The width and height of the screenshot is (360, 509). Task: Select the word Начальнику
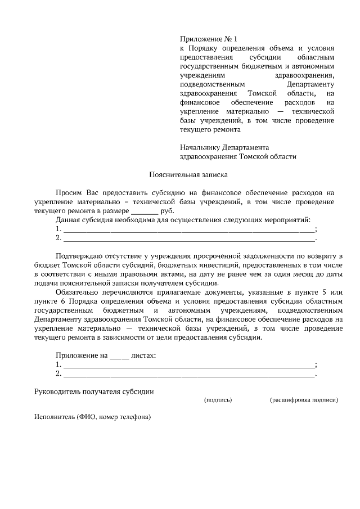[201, 147]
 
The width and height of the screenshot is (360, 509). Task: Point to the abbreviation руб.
[167, 211]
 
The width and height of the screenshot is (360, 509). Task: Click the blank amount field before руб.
[145, 211]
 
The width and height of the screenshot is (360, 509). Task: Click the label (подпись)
[218, 400]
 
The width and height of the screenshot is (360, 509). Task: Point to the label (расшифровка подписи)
[304, 400]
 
